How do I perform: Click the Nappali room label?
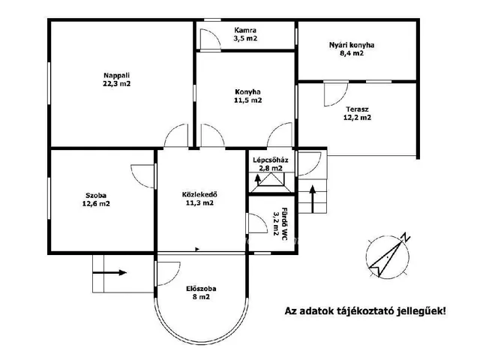tap(117, 75)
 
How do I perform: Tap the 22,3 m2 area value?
tap(117, 83)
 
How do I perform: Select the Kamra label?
tap(245, 30)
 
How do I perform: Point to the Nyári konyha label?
tap(352, 45)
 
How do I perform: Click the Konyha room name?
tap(248, 91)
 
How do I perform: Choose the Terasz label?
tap(357, 109)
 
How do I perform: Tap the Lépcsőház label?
tap(271, 160)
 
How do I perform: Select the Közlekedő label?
tap(199, 194)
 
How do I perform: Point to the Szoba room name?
tap(96, 195)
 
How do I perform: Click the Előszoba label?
tap(201, 289)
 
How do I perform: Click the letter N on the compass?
tap(406, 237)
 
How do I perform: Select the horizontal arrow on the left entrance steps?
tap(109, 272)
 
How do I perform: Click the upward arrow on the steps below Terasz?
tap(313, 199)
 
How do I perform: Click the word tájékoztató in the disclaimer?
tap(348, 311)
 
